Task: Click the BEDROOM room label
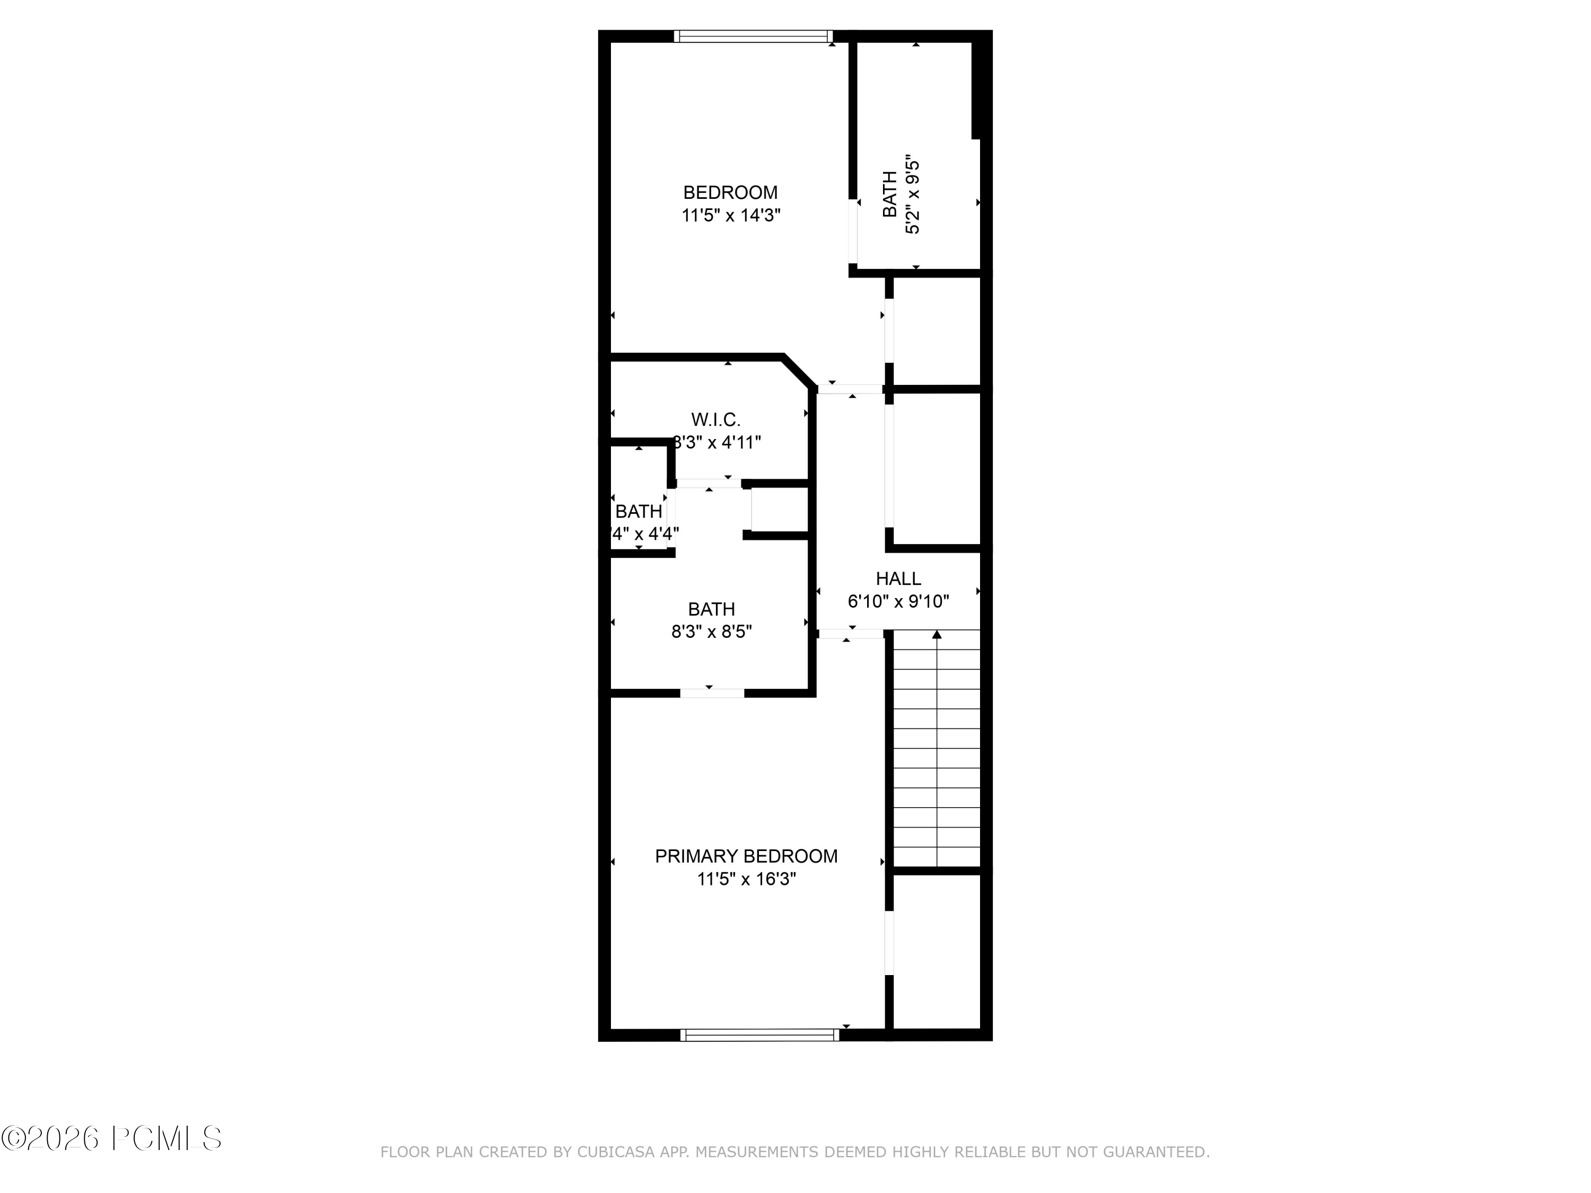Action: pos(730,192)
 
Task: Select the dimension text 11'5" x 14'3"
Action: pos(731,215)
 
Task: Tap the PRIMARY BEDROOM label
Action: pos(746,856)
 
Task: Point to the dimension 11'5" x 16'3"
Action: pos(746,879)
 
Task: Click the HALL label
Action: pos(898,578)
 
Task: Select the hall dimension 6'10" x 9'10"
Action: pos(898,601)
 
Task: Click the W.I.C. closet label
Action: pos(715,419)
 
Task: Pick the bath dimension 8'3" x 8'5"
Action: pos(711,631)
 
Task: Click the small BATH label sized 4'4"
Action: pos(639,511)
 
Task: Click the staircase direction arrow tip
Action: pos(937,634)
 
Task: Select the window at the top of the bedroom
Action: pos(753,36)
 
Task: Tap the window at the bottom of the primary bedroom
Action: pos(759,1035)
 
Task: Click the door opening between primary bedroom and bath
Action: pos(712,693)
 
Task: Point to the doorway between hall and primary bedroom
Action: pos(850,634)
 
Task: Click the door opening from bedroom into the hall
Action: pos(850,389)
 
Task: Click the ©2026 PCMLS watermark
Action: pos(111,1138)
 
